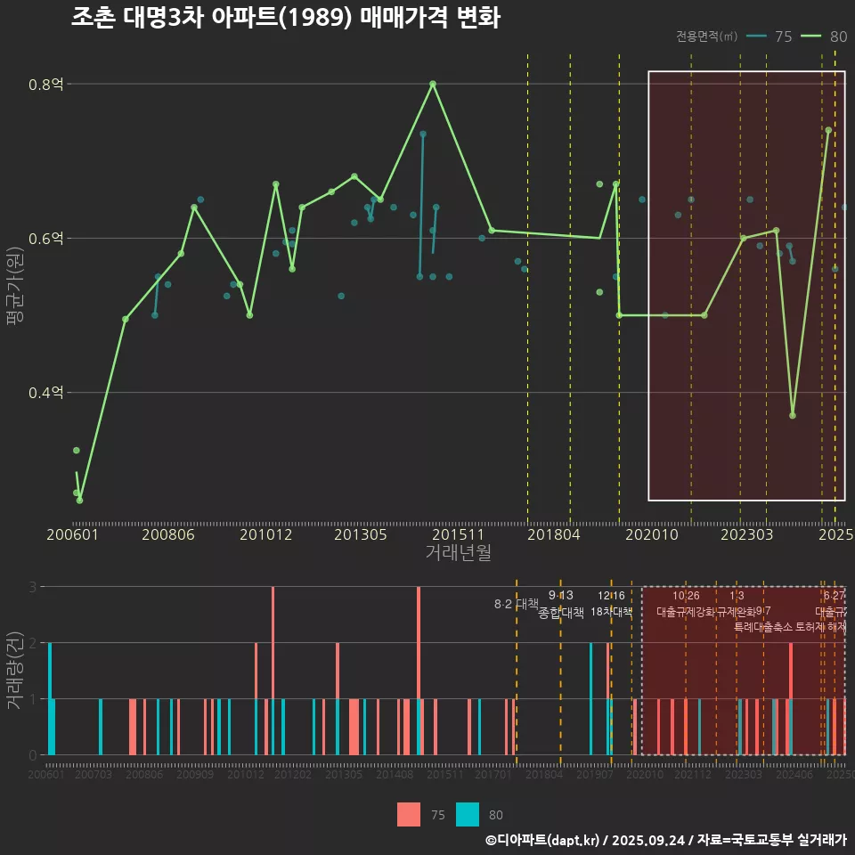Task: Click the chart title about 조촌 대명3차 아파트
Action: pos(285,18)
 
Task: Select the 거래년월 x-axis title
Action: pos(458,552)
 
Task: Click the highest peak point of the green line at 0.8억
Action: pos(433,84)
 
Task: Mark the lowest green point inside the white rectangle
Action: pos(793,415)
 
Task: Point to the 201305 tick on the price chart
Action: pos(360,534)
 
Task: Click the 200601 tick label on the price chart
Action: pos(72,534)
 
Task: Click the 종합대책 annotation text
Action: pos(561,612)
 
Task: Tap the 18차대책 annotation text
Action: pos(611,612)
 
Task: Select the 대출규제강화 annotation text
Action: pos(686,612)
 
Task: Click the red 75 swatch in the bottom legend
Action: pos(409,814)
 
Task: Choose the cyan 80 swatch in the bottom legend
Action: pos(468,814)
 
